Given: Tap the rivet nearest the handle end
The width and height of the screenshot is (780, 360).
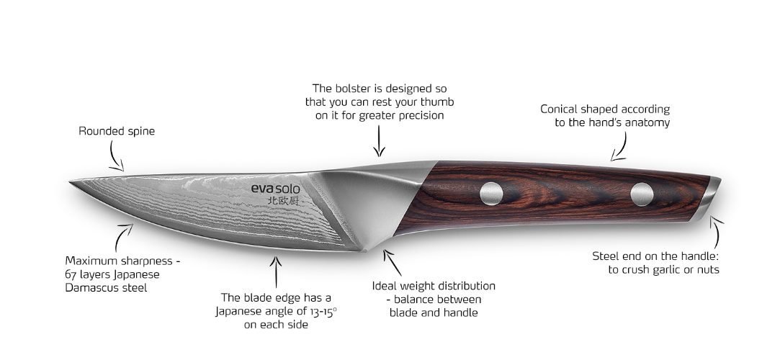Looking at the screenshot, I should (641, 193).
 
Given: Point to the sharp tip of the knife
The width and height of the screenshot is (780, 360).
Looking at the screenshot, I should (71, 181).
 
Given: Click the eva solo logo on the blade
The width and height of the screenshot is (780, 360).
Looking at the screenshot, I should (276, 189).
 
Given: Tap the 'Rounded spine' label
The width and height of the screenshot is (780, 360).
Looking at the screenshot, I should (117, 132).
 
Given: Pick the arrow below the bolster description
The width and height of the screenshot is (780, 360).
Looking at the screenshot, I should (380, 140).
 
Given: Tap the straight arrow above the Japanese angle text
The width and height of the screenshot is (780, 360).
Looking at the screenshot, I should (274, 270).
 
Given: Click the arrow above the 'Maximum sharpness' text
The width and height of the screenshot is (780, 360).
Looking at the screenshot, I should (125, 235).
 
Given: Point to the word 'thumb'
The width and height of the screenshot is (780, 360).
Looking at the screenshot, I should (438, 102).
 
